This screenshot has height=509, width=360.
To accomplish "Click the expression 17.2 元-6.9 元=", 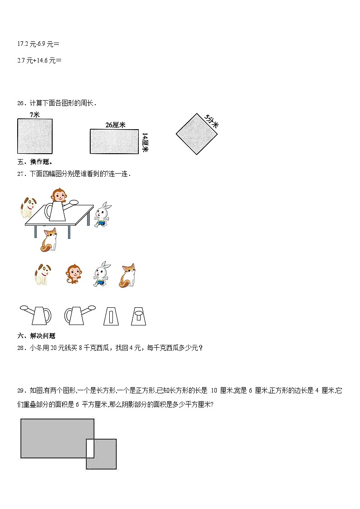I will (38, 44).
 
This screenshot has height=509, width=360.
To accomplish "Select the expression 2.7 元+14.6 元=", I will (39, 60).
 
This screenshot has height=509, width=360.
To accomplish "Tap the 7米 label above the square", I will (34, 115).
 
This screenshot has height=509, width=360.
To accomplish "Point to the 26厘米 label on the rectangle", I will (115, 125).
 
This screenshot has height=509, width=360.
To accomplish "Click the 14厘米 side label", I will (145, 142).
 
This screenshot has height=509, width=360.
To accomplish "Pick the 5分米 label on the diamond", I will (211, 121).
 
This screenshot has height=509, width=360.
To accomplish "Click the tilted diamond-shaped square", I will (196, 134).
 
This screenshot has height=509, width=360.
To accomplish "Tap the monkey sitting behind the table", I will (58, 196).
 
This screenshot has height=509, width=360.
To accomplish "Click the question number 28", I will (21, 348).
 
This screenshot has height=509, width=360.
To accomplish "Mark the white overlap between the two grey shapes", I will (90, 448).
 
